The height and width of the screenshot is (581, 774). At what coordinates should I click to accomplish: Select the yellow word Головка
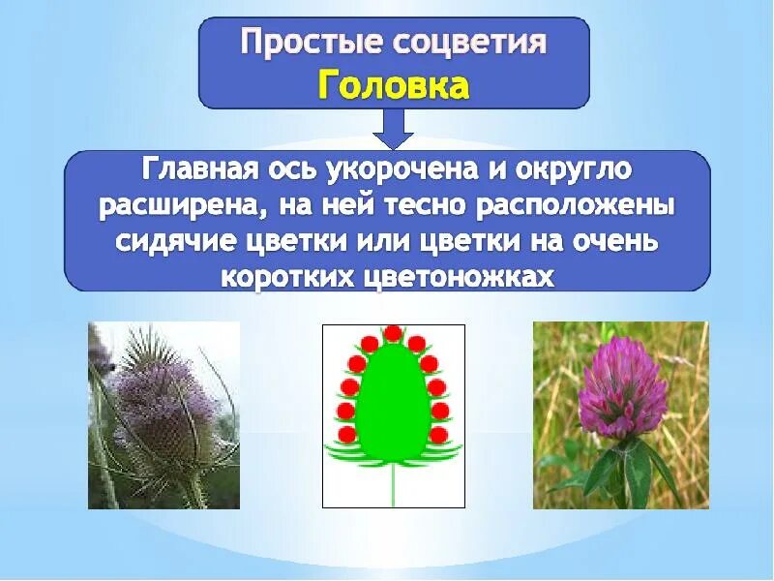coord(394,85)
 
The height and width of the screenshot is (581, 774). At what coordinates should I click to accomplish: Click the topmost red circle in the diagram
coord(393,334)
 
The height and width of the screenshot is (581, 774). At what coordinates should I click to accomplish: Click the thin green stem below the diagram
coord(393,484)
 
